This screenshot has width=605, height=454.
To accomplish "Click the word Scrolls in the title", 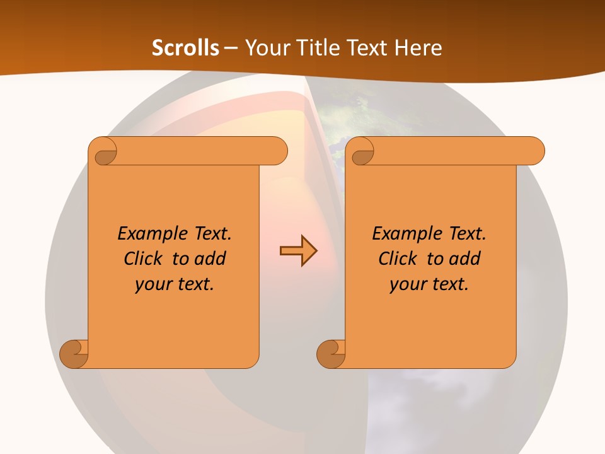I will pyautogui.click(x=185, y=48).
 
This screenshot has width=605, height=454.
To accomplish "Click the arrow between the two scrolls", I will pyautogui.click(x=298, y=251).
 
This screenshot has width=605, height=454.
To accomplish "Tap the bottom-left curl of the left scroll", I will pyautogui.click(x=74, y=354).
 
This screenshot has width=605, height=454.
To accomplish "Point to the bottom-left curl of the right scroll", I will pyautogui.click(x=331, y=354).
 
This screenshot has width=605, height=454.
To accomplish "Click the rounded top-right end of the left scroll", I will pyautogui.click(x=278, y=151).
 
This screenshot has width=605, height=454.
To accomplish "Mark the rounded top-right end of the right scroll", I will pyautogui.click(x=535, y=151).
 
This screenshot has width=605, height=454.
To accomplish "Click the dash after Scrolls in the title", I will pyautogui.click(x=231, y=48).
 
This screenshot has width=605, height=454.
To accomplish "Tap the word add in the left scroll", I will pyautogui.click(x=210, y=259).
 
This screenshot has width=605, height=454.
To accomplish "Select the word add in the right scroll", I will pyautogui.click(x=465, y=259).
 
